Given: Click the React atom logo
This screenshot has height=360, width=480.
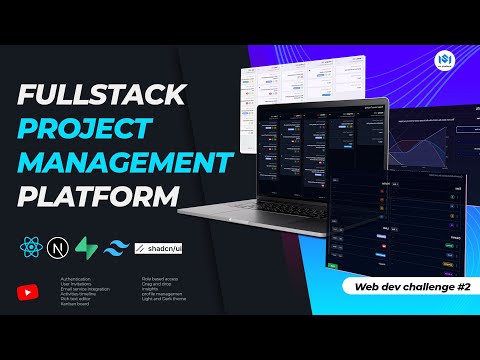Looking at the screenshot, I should (29, 246).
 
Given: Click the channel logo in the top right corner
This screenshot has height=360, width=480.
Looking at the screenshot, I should (447, 62).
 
